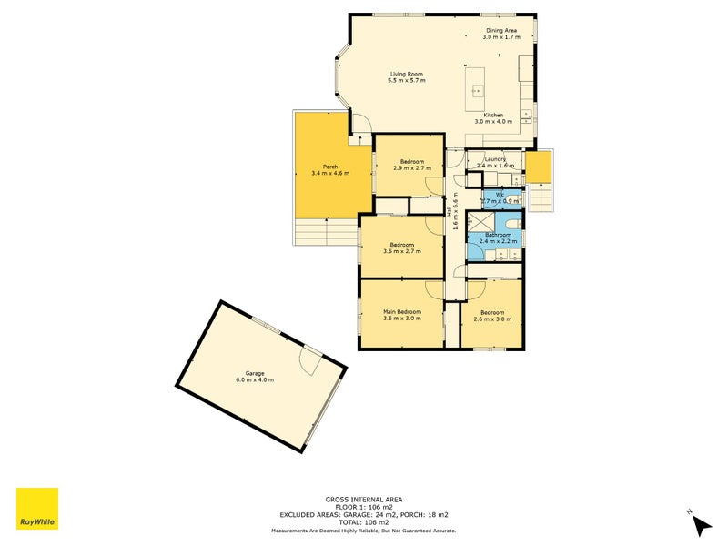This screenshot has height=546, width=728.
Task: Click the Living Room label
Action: coord(407,74)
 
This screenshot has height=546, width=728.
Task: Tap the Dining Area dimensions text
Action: coord(501,37)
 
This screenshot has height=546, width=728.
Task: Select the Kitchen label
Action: coord(494,115)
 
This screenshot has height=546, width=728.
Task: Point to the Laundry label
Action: coord(495,158)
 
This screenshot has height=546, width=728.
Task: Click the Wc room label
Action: coord(500,194)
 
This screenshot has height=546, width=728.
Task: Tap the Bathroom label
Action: coord(498,235)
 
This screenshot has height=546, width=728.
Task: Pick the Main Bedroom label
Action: coord(401,311)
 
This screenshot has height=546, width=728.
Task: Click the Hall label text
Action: coord(450,211)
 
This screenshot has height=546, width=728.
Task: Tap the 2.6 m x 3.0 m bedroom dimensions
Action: coord(492,318)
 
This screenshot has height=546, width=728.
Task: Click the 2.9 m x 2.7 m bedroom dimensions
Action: coord(412,168)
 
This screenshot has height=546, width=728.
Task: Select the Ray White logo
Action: coord(37,509)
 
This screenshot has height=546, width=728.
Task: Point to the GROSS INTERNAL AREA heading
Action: coord(364,499)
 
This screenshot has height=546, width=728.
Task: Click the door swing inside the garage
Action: coord(310,363)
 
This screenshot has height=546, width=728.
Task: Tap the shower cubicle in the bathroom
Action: coord(480,221)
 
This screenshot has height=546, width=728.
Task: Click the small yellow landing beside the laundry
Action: coord(539,167)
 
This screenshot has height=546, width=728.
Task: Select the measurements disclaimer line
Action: coord(364,531)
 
